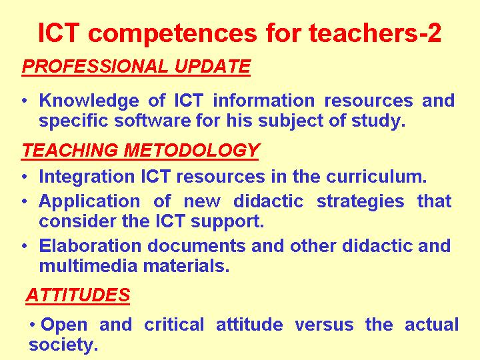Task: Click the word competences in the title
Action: click(173, 34)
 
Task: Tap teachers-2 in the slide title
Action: click(375, 33)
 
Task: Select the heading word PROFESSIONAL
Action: click(95, 66)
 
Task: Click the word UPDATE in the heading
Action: click(213, 66)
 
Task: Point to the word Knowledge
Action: click(89, 101)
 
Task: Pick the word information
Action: click(263, 100)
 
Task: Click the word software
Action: click(153, 120)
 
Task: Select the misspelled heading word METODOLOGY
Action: click(191, 150)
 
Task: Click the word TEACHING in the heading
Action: click(70, 150)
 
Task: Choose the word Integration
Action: click(87, 177)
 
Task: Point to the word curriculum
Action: click(376, 176)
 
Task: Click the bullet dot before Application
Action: click(25, 201)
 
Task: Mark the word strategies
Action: click(360, 203)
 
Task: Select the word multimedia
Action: click(88, 266)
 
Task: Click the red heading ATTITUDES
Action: click(78, 295)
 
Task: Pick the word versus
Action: click(324, 325)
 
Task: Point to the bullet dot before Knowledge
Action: click(25, 101)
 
